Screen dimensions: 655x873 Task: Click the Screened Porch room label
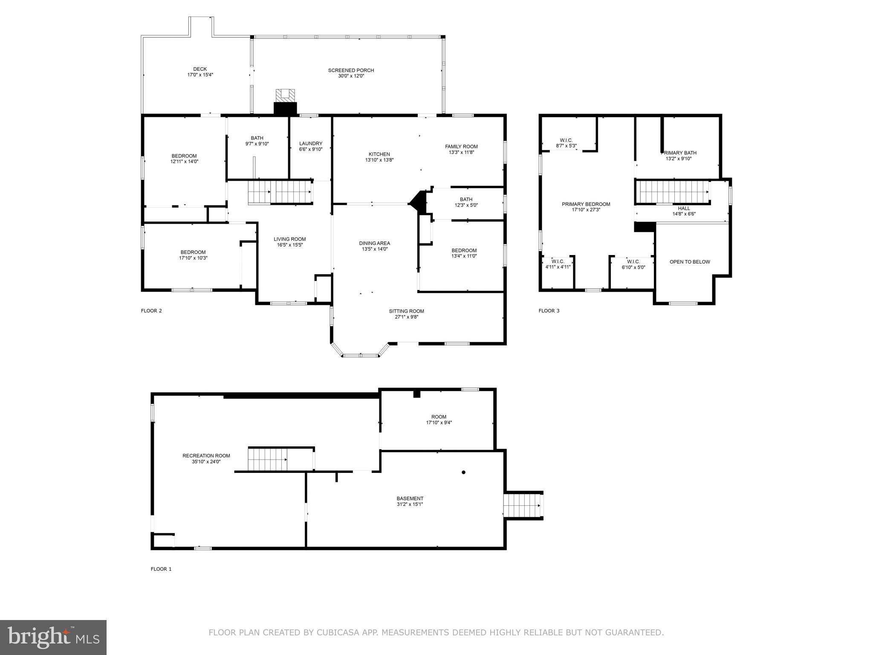351,70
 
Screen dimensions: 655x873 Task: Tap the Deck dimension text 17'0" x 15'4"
200,75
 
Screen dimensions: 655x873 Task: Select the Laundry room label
310,144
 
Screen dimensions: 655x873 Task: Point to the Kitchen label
379,154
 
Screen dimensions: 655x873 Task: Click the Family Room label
461,147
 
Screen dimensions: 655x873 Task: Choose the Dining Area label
374,243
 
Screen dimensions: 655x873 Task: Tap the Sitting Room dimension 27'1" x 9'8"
406,317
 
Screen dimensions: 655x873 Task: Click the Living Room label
289,239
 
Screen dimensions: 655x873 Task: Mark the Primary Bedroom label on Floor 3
586,204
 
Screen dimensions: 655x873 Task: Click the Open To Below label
689,262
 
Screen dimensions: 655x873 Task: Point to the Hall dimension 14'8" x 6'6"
684,214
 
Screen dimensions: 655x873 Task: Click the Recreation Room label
206,456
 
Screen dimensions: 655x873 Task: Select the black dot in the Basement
463,472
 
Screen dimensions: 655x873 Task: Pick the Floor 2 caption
151,311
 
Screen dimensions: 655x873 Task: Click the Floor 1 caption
161,569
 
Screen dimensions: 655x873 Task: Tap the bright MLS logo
53,637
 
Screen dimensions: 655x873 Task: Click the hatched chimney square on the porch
285,95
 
